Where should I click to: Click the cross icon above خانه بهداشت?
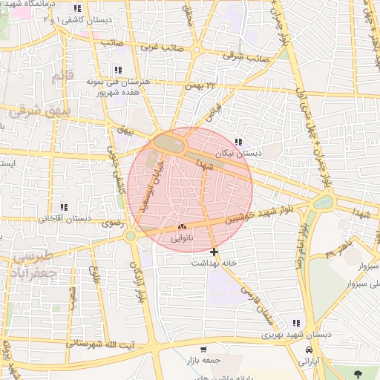click(x=214, y=252)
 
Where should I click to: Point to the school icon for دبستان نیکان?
click(x=238, y=142)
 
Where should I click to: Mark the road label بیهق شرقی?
click(x=33, y=111)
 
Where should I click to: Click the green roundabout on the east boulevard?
click(x=324, y=202)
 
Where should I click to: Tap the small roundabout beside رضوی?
click(x=131, y=236)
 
